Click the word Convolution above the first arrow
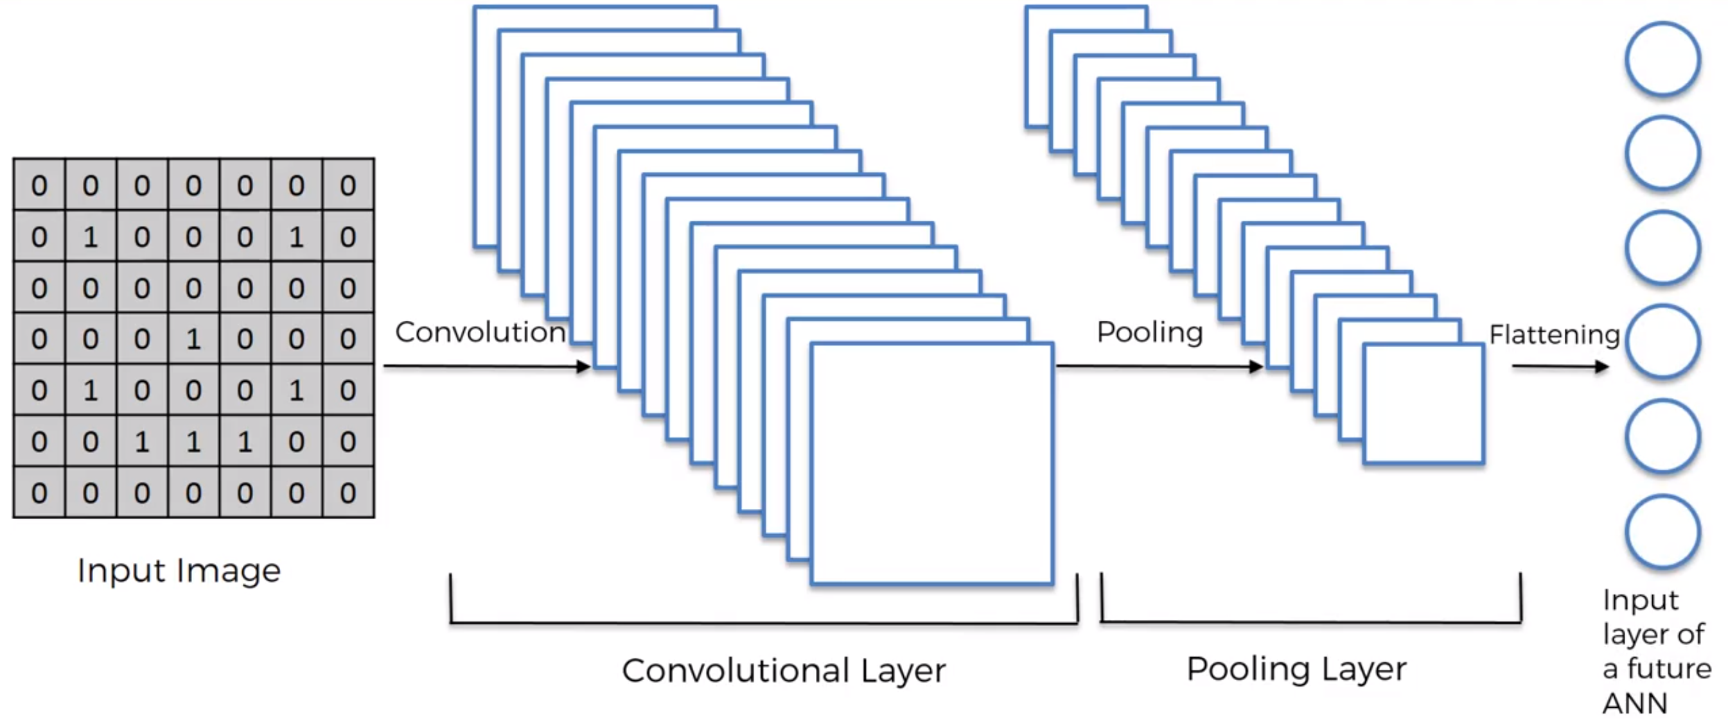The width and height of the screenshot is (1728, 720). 480,332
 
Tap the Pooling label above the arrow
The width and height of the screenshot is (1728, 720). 1150,332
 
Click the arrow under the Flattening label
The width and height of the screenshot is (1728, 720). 1560,366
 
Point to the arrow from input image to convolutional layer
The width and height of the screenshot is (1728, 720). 486,366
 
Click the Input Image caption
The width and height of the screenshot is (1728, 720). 179,571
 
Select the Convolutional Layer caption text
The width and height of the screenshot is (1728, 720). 784,671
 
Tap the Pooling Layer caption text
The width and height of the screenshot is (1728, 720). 1296,669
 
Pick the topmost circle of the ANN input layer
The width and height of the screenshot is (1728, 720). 1662,60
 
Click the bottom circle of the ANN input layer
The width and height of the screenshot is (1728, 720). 1662,531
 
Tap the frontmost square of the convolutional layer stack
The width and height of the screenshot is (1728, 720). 931,463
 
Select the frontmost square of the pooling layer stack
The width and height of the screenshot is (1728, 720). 1424,404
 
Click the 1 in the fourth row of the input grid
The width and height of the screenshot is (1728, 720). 193,339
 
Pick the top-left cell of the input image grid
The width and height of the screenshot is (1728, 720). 39,185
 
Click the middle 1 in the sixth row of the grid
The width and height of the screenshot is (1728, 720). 193,441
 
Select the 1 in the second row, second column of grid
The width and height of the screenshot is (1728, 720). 91,237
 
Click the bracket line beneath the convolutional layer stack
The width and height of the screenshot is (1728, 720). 763,624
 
